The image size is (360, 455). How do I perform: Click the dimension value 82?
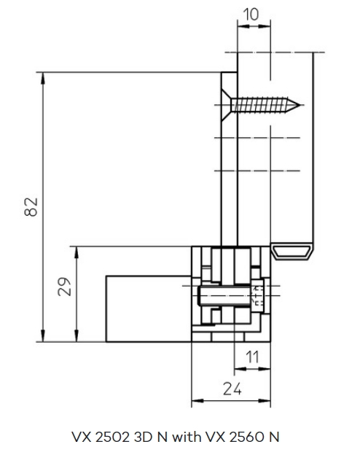pyautogui.click(x=31, y=207)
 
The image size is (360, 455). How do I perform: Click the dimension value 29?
pyautogui.click(x=64, y=287)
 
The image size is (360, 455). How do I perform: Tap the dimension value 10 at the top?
pyautogui.click(x=251, y=15)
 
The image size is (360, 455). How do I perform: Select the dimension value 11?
pyautogui.click(x=252, y=357)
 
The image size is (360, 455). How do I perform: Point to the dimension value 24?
pyautogui.click(x=232, y=389)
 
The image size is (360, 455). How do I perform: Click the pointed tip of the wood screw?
pyautogui.click(x=300, y=105)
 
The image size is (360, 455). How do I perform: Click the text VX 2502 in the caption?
pyautogui.click(x=100, y=437)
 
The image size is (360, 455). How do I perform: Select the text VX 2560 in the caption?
pyautogui.click(x=235, y=437)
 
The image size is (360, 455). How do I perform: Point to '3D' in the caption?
pyautogui.click(x=143, y=437)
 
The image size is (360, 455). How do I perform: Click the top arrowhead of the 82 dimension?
pyautogui.click(x=43, y=78)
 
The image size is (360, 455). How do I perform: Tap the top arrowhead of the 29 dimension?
pyautogui.click(x=77, y=252)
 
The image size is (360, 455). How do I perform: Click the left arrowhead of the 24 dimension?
pyautogui.click(x=197, y=401)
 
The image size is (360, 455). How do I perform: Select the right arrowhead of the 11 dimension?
pyautogui.click(x=265, y=369)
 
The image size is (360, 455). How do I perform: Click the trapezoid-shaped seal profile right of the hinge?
pyautogui.click(x=292, y=252)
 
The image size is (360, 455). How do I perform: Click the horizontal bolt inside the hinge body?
pyautogui.click(x=224, y=296)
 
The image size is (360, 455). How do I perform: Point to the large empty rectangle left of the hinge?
pyautogui.click(x=149, y=308)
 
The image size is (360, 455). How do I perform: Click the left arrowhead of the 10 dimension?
pyautogui.click(x=243, y=26)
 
